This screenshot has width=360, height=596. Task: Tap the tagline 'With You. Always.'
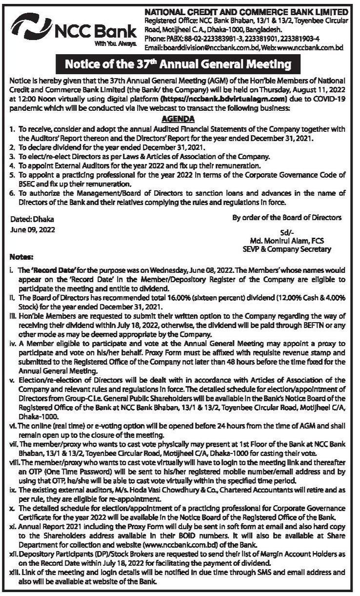(x=117, y=43)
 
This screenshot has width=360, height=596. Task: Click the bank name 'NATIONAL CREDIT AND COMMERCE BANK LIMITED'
(x=247, y=11)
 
